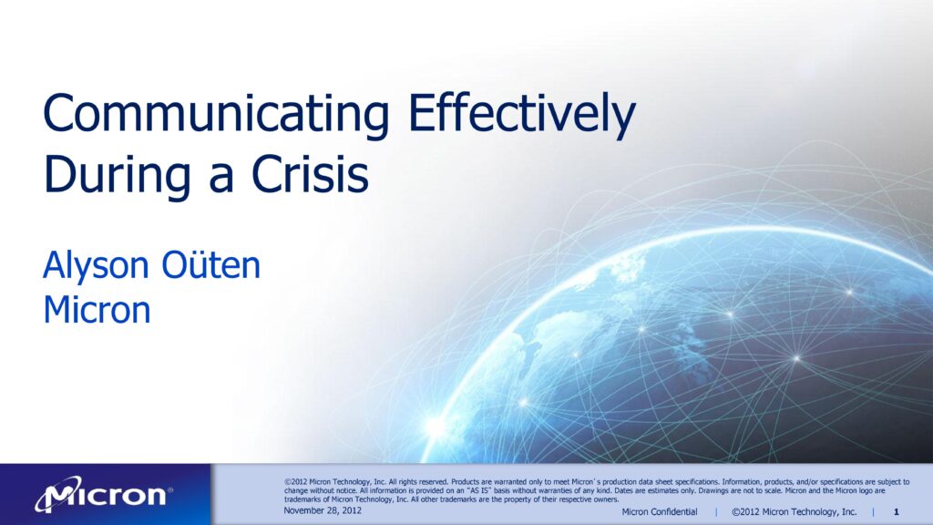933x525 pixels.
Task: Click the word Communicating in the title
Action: pyautogui.click(x=216, y=114)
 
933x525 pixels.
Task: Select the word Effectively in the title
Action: pyautogui.click(x=522, y=114)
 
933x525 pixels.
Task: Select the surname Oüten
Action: pyautogui.click(x=211, y=265)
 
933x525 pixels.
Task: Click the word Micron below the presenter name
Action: pyautogui.click(x=97, y=310)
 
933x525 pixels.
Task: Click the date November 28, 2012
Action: pyautogui.click(x=323, y=510)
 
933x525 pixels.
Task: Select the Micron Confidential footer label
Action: pyautogui.click(x=660, y=512)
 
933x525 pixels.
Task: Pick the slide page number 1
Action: pyautogui.click(x=897, y=512)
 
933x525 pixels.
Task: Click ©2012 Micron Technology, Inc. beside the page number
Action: pyautogui.click(x=794, y=512)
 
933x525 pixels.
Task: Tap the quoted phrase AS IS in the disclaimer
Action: pyautogui.click(x=478, y=491)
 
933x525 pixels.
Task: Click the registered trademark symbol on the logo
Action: pyautogui.click(x=170, y=489)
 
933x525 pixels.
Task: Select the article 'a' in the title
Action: pyautogui.click(x=221, y=180)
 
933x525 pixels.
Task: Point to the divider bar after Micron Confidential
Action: pyautogui.click(x=716, y=512)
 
